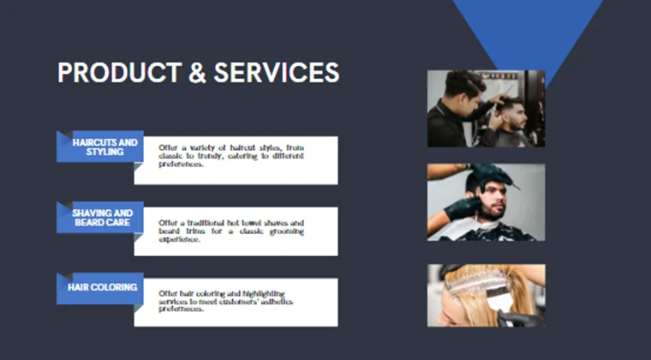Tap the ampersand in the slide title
pyautogui.click(x=197, y=73)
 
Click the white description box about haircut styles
pyautogui.click(x=236, y=160)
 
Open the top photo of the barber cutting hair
pyautogui.click(x=486, y=109)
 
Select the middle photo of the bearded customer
pyautogui.click(x=486, y=202)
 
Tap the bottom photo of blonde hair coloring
pyautogui.click(x=486, y=296)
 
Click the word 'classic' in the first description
pyautogui.click(x=170, y=156)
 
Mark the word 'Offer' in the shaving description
pyautogui.click(x=168, y=223)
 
